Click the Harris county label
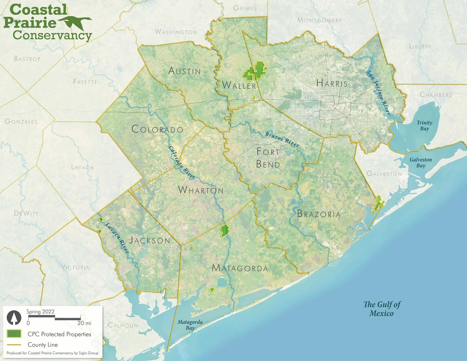pos(332,83)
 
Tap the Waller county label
pos(239,85)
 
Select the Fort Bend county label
pos(268,158)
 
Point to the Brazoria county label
pos(319,214)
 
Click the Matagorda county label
pos(240,268)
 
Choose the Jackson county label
pos(150,240)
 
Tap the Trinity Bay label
pos(424,126)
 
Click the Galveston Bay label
pos(421,163)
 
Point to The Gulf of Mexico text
pos(382,309)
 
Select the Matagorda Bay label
pos(190,325)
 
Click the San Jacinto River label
pos(378,93)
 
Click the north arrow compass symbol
pos(14,318)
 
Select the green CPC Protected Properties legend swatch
pos(14,334)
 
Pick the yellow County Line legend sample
pos(14,345)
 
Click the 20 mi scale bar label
pos(84,323)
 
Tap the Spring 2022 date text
pos(40,312)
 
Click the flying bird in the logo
pos(75,22)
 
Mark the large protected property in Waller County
pos(255,71)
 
